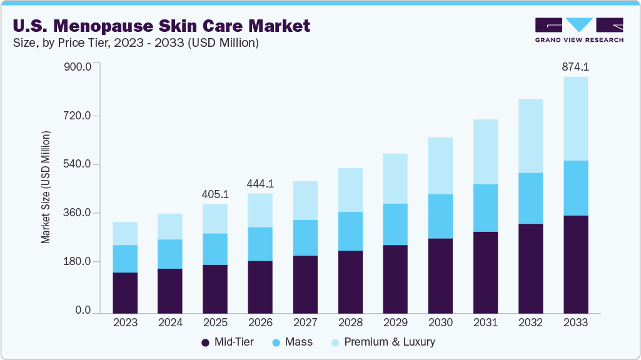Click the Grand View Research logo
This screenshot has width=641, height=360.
tap(578, 29)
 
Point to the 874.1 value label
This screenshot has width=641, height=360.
tap(575, 67)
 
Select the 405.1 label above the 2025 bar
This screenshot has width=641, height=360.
tap(215, 194)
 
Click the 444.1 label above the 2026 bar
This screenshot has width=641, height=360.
tap(260, 184)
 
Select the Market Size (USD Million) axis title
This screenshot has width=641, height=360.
tap(46, 187)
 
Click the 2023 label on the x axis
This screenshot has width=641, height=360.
tap(125, 322)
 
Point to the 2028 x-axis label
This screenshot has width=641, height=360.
tap(350, 322)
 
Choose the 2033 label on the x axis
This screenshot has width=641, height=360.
tap(575, 322)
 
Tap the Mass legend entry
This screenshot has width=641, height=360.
tap(293, 342)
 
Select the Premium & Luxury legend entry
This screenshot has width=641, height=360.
tap(383, 342)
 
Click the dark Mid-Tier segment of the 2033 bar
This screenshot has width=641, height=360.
tap(575, 264)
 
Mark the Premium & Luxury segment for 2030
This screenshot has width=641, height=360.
tap(440, 166)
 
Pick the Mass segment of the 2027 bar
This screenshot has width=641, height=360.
tap(305, 237)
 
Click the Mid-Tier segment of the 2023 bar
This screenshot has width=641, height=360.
tap(125, 292)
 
